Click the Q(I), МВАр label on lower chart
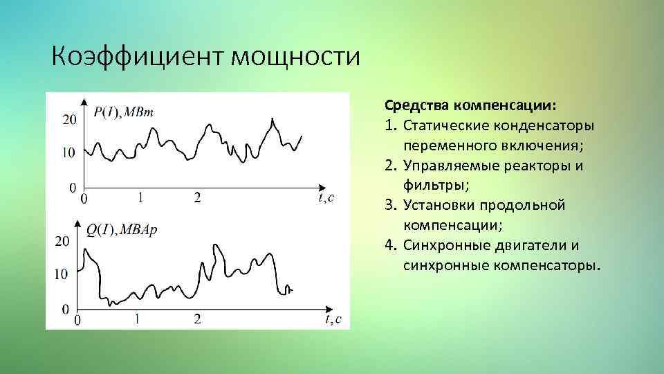[x=122, y=229]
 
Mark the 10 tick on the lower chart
[x=61, y=274]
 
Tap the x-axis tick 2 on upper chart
[x=198, y=198]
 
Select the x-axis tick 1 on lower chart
[x=137, y=319]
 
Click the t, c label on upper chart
[x=326, y=198]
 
